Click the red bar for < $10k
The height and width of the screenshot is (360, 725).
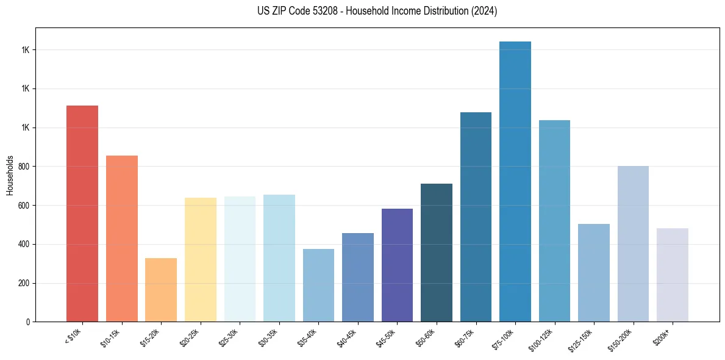[82, 214]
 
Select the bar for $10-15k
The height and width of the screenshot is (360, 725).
[122, 239]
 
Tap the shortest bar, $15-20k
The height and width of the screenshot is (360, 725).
[161, 290]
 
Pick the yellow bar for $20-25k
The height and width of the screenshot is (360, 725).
[201, 259]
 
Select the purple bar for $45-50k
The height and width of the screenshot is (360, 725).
[397, 265]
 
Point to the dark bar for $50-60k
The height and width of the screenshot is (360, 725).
[437, 253]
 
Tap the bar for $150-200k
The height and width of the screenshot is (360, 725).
[633, 243]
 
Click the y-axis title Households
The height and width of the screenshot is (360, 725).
[10, 175]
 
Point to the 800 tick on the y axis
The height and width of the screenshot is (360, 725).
[25, 167]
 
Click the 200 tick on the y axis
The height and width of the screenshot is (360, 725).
[25, 283]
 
